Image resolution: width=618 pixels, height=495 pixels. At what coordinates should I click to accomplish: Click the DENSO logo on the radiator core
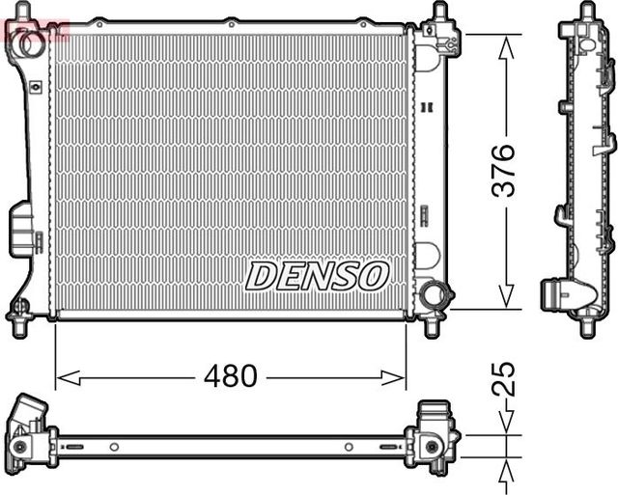317,276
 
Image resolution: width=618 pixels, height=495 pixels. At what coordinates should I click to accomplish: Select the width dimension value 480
230,376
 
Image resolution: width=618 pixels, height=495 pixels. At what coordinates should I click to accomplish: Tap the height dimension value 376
503,171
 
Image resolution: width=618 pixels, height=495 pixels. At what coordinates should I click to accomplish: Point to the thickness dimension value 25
503,379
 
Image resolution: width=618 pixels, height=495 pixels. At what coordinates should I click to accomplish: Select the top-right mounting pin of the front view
439,13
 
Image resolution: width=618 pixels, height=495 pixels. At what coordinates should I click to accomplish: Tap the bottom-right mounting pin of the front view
432,326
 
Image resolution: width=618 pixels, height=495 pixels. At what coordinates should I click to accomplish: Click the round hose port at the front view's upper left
31,43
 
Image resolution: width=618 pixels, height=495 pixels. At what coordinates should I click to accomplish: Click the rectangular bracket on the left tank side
21,229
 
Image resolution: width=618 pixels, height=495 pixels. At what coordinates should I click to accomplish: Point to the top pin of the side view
587,12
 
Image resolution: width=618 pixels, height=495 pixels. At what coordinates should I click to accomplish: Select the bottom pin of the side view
586,325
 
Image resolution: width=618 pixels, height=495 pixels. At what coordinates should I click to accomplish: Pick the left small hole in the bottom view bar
114,447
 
